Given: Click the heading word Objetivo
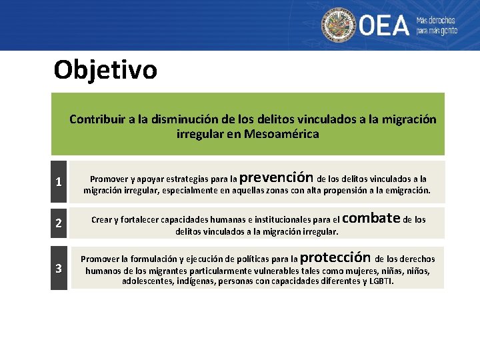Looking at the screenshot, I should coord(105,69).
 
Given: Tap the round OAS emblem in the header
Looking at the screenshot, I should coord(339,25).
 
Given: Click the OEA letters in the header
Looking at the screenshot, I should coord(385,25).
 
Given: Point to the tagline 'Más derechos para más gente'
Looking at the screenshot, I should coord(437,25).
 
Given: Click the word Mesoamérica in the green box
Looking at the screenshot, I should coord(282,134).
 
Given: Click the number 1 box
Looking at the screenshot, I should coord(59,182).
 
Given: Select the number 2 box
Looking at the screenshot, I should coord(59,223).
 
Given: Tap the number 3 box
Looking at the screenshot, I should coord(59,269).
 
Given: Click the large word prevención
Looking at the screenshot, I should coord(276,178).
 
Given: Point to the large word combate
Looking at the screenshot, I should coord(374,217).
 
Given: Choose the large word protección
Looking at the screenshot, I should coord(335,257).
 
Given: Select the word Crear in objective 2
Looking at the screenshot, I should coord(101,219).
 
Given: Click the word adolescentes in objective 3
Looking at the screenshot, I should coord(148,281).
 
